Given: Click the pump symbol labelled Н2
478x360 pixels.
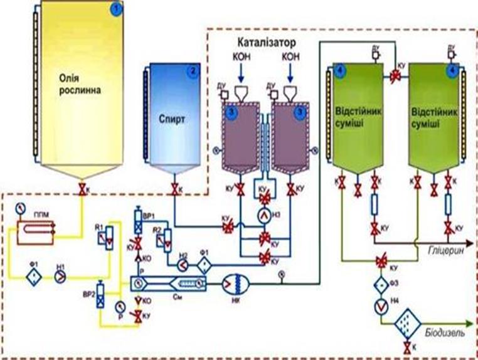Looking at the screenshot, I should click(183, 265).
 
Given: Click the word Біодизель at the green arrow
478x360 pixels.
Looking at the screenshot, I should click(445, 333).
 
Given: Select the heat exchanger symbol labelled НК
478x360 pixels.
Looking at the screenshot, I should click(237, 285).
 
